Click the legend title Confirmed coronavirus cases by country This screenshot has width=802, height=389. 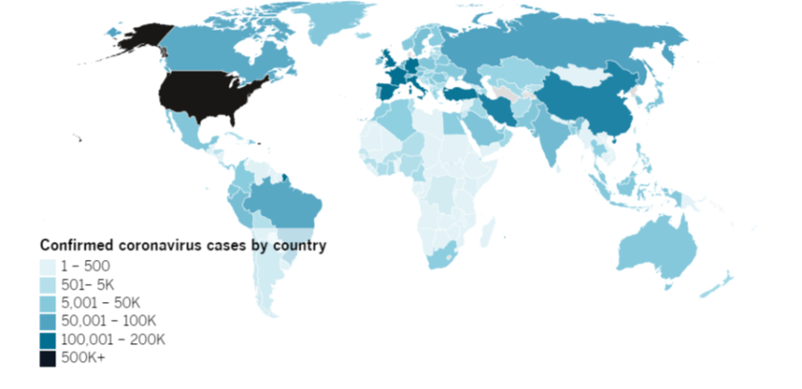tap(182, 246)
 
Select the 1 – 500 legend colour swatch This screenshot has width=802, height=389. tap(47, 267)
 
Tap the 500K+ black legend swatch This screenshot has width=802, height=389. tap(47, 358)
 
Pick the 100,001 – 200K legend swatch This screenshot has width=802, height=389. tap(47, 340)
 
